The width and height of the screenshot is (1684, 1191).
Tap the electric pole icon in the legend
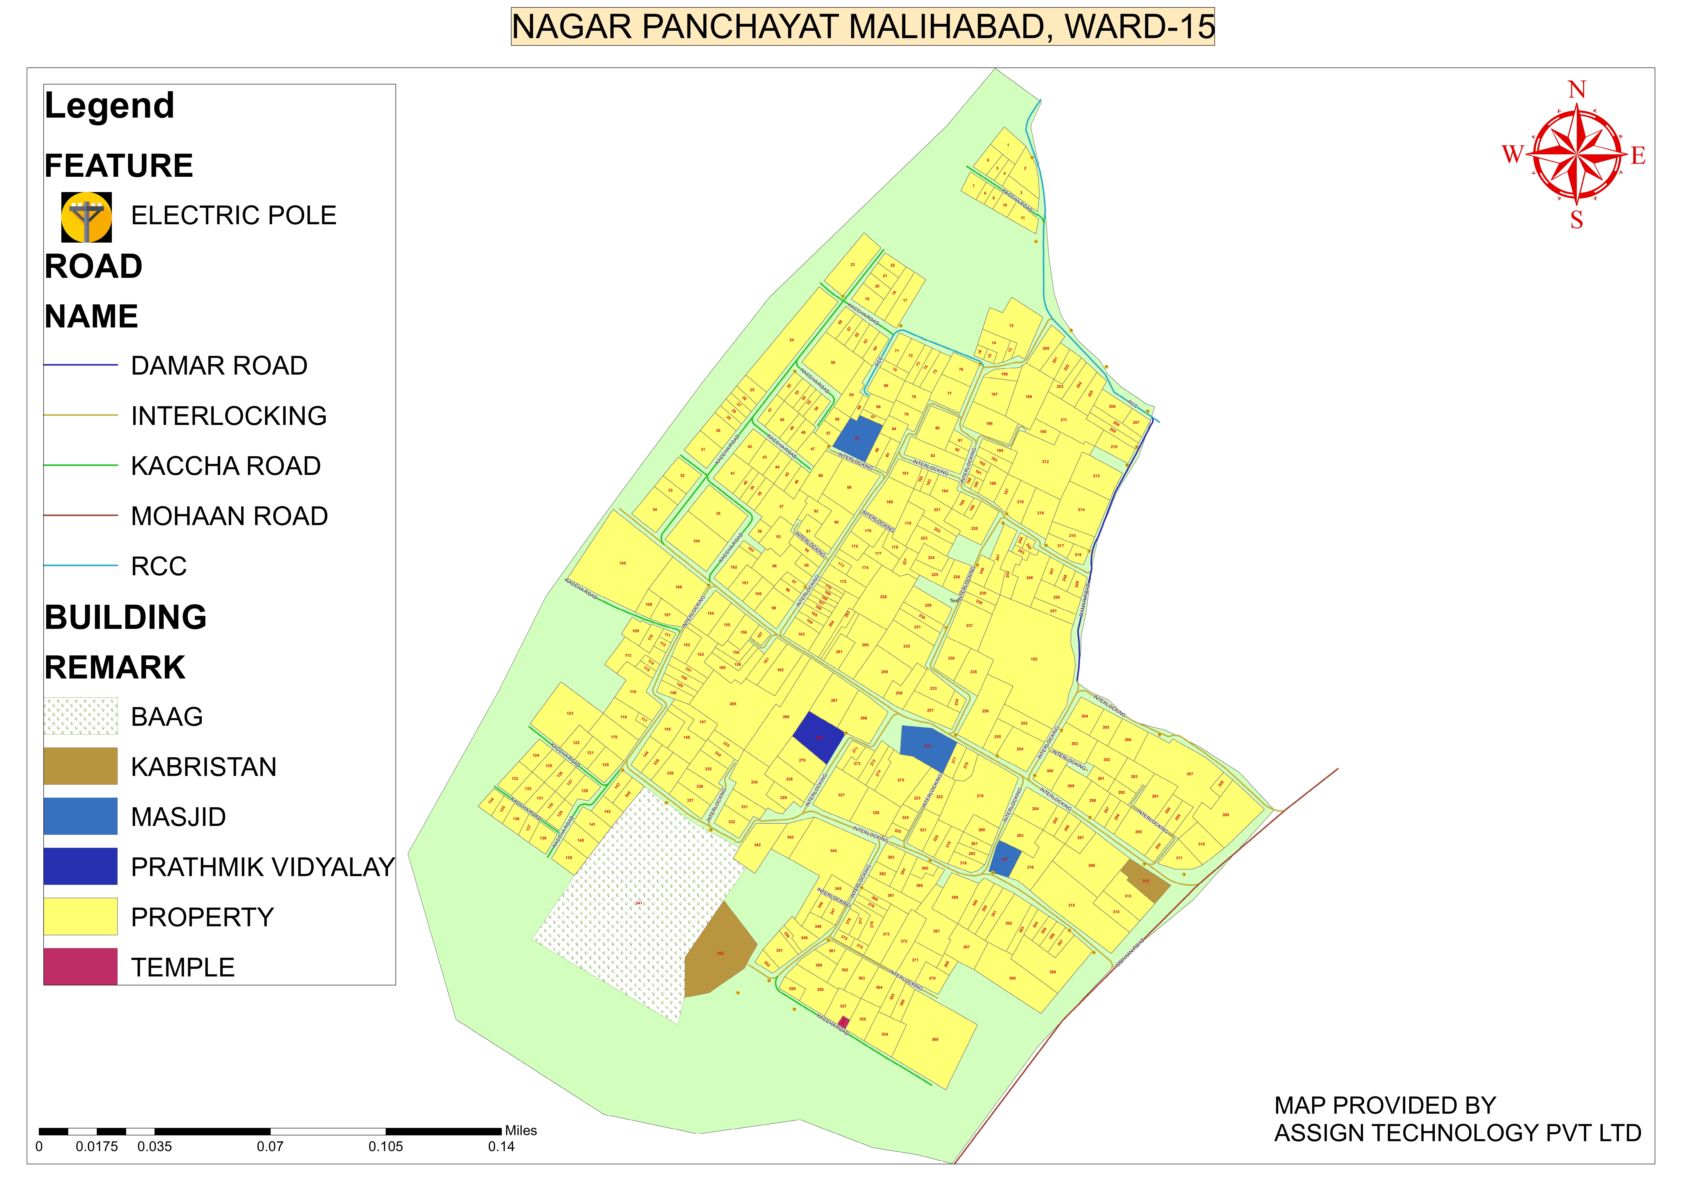[x=87, y=217]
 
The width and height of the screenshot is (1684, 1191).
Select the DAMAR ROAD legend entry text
[x=219, y=365]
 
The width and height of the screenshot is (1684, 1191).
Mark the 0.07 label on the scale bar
[x=270, y=1146]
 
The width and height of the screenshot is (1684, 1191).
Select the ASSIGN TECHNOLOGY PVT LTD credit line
[x=1457, y=1133]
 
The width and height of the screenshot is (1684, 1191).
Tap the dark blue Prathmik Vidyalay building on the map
[x=818, y=737]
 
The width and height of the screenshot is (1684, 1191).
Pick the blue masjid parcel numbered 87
[x=857, y=438]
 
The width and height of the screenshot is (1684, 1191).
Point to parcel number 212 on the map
[x=1045, y=462]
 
